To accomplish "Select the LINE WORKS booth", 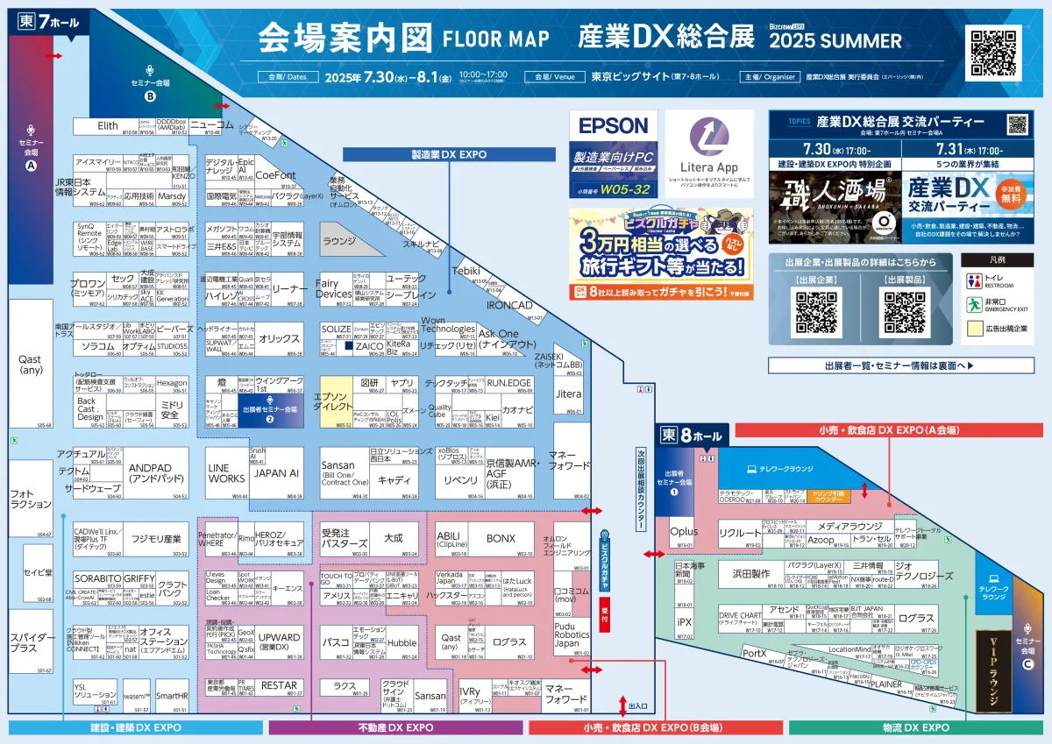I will [x=226, y=473].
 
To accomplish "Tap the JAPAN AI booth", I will [x=276, y=473].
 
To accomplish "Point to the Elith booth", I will [x=107, y=126].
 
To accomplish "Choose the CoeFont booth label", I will [x=276, y=175].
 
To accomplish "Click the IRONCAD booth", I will [x=508, y=305].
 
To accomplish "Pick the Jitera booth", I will [x=569, y=394].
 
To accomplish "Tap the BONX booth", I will [x=501, y=538].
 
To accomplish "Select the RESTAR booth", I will [x=279, y=686].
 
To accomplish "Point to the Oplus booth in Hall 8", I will [x=684, y=532].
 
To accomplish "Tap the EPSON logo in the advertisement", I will [x=613, y=126].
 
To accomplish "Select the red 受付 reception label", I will [x=604, y=612].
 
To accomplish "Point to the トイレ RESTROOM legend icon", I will [x=974, y=281].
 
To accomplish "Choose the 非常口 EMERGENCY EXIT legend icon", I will [x=974, y=305].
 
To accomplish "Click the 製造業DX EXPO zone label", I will [x=449, y=154].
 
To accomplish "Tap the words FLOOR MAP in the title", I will [x=496, y=39].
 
